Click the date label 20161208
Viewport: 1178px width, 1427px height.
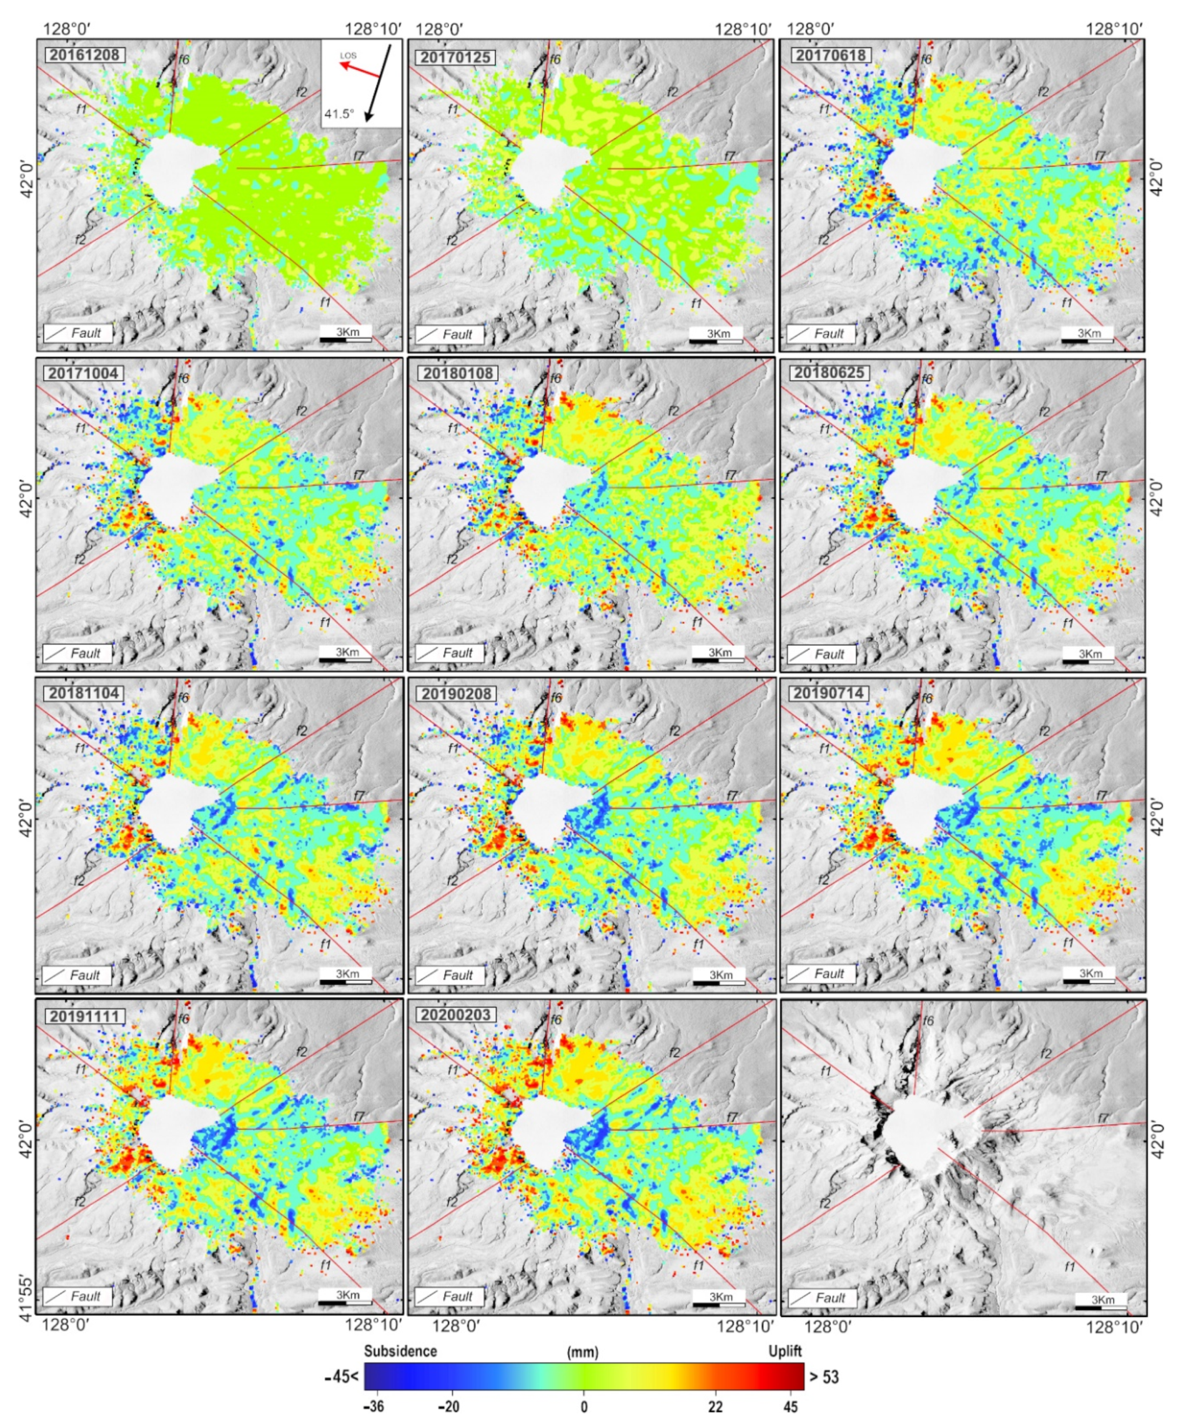(x=85, y=55)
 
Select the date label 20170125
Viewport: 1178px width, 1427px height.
(x=456, y=57)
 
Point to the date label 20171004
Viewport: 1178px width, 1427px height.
(x=84, y=373)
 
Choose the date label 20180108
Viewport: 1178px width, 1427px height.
(x=458, y=373)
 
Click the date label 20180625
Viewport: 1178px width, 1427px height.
(x=829, y=373)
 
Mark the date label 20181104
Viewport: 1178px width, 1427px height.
(x=84, y=693)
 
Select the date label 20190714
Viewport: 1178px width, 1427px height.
(x=829, y=693)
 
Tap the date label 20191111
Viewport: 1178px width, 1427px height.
(x=84, y=1016)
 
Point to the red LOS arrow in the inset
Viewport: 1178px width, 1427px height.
(x=359, y=69)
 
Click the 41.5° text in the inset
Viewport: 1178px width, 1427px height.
(x=339, y=114)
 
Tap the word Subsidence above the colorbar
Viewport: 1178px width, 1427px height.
(x=400, y=1351)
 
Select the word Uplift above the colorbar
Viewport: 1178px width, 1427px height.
(x=785, y=1351)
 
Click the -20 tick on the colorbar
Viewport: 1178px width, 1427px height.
(x=448, y=1406)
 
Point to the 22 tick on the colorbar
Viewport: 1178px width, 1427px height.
(x=715, y=1406)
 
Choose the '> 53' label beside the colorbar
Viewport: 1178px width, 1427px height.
(x=823, y=1377)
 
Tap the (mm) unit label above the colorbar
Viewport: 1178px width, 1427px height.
(x=582, y=1352)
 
